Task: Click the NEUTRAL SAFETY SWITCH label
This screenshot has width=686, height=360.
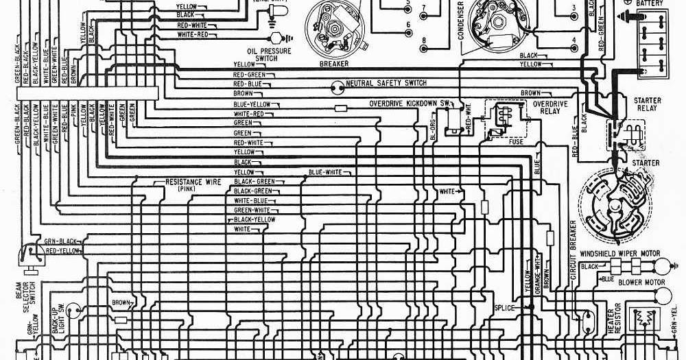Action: click(x=386, y=83)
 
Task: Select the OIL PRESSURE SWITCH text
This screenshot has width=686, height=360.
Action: click(x=269, y=55)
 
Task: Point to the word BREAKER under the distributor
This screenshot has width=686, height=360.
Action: click(x=334, y=64)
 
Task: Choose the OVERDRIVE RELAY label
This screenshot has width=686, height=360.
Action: click(x=550, y=107)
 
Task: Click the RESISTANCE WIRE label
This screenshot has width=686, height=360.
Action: click(x=193, y=182)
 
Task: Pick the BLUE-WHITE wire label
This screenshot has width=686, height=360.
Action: click(x=325, y=172)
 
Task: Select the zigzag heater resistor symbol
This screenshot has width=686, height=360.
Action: click(x=643, y=320)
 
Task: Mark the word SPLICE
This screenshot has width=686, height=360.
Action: click(x=504, y=308)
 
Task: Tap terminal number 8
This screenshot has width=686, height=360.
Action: click(x=424, y=40)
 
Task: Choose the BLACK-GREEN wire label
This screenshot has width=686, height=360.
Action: click(x=253, y=191)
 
